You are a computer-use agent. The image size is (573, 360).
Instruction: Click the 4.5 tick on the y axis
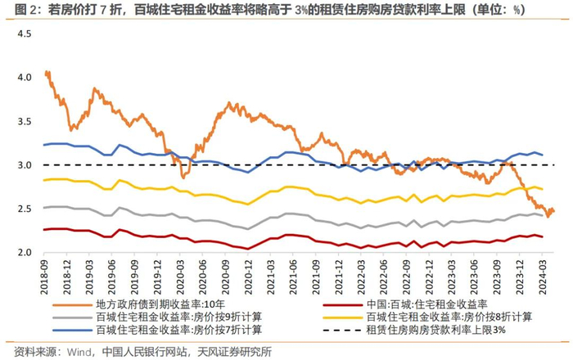pos(23,34)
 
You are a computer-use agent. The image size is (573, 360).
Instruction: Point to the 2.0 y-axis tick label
pos(23,253)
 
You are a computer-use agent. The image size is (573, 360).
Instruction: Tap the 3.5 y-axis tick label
pos(23,121)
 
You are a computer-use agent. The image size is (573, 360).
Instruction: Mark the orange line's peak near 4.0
pos(47,72)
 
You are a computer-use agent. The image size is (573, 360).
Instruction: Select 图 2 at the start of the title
pos(16,10)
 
